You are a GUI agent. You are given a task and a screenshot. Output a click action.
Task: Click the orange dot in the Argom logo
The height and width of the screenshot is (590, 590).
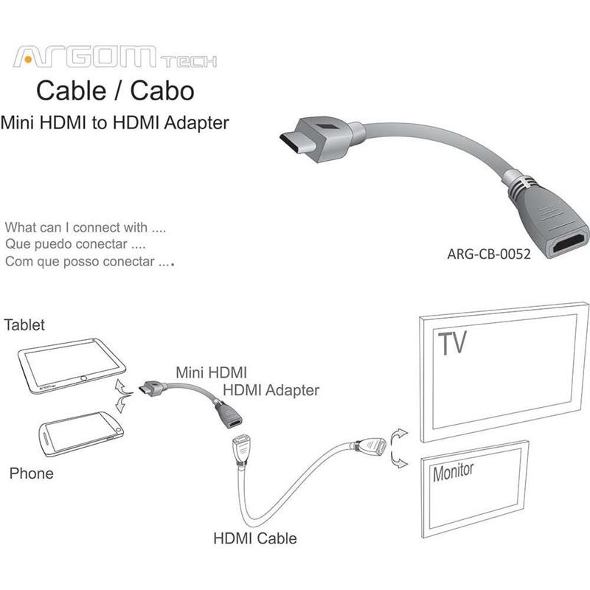(x=28, y=59)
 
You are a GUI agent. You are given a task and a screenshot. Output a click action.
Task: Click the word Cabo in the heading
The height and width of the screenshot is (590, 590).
(x=162, y=91)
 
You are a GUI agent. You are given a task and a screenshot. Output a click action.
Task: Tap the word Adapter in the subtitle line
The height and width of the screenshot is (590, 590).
(x=196, y=123)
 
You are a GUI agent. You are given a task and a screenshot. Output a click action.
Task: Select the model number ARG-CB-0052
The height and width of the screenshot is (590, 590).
(x=489, y=254)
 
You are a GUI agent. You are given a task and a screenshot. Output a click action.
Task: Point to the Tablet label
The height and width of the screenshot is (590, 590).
(x=24, y=324)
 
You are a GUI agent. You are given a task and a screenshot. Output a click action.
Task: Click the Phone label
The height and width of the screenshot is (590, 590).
(x=31, y=473)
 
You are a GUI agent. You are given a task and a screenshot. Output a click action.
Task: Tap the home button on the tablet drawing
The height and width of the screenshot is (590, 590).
(x=83, y=378)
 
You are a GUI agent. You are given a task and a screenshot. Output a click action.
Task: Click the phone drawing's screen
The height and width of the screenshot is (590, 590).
(x=81, y=431)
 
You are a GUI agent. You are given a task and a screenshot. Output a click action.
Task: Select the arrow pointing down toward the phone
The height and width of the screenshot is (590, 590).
(x=122, y=403)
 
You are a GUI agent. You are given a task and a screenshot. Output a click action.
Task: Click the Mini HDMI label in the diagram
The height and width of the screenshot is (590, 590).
(x=212, y=372)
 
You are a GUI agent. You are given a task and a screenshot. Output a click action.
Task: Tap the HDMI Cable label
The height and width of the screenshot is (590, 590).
(x=255, y=538)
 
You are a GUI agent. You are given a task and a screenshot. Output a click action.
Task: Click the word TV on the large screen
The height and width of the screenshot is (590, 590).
(x=452, y=342)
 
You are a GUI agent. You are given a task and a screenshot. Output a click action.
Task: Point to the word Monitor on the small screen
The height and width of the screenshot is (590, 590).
(x=453, y=472)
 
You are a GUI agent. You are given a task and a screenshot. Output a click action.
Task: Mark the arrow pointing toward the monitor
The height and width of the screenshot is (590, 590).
(x=398, y=459)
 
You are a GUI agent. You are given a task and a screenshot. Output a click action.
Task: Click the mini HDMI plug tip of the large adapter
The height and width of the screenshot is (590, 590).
(x=294, y=142)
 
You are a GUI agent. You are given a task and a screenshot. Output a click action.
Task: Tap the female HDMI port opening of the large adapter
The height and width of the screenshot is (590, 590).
(x=569, y=243)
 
